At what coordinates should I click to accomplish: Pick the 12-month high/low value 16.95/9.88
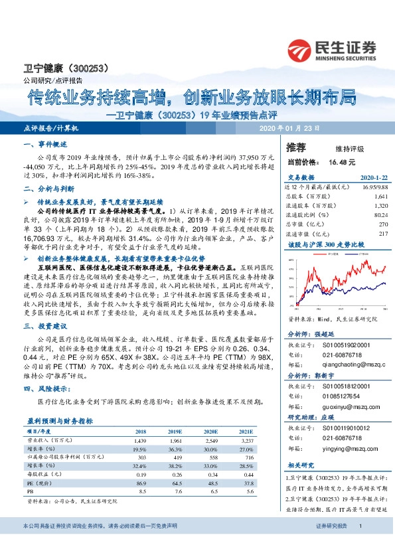tap(372, 188)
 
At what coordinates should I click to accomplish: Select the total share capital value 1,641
tap(380, 197)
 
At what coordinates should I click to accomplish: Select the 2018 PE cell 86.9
tap(141, 483)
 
